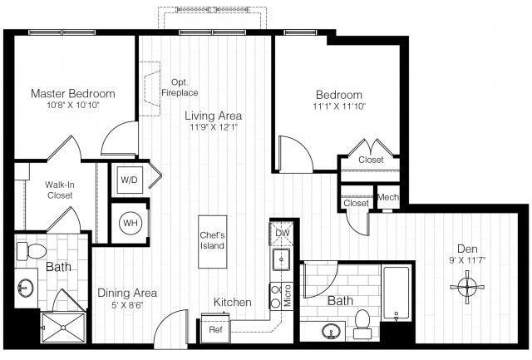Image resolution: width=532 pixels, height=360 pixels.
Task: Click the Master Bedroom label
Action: (x=73, y=93)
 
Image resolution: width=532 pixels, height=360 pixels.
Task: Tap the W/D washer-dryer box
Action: (x=129, y=179)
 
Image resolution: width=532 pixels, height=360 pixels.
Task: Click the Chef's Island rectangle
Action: (x=211, y=242)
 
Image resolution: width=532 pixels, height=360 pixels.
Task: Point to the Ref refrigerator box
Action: (x=215, y=329)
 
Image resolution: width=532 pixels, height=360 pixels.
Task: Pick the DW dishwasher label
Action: (x=280, y=233)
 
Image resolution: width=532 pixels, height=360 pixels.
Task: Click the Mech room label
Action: (x=387, y=198)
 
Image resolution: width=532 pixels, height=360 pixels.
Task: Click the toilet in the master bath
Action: (x=33, y=249)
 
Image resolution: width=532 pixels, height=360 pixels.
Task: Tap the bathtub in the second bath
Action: (x=397, y=292)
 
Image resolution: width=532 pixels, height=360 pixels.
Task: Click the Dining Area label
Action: (x=127, y=293)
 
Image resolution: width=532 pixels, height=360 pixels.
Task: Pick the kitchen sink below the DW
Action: (x=280, y=260)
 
